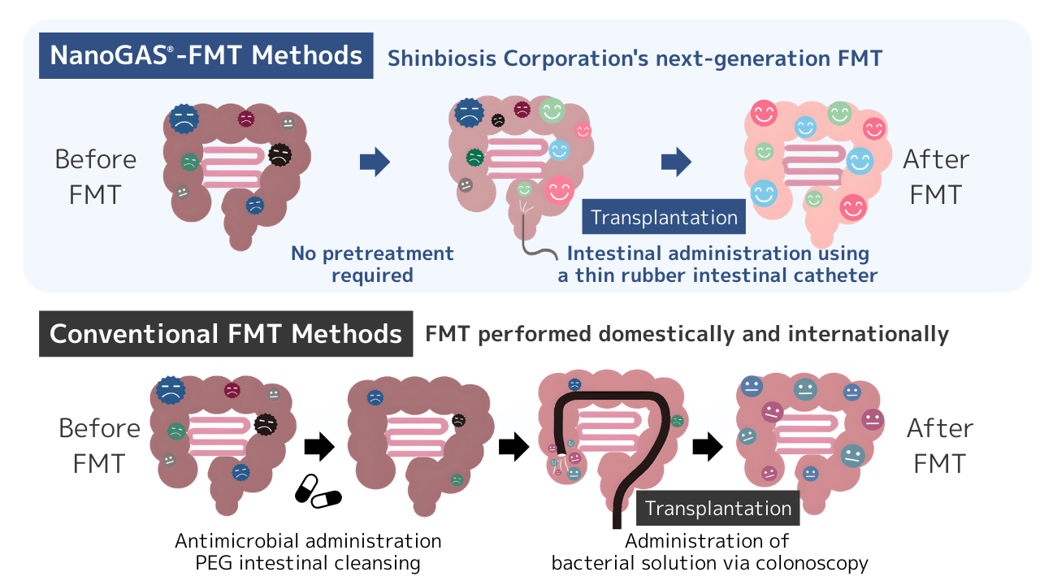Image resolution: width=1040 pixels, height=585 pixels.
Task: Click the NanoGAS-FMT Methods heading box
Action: point(206,55)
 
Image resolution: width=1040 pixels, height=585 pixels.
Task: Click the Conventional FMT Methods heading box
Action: point(226,333)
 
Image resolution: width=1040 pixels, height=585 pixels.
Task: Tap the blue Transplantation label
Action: point(664,217)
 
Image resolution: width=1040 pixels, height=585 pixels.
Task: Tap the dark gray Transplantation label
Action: point(717,509)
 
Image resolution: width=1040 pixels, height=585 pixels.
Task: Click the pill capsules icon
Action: point(317,491)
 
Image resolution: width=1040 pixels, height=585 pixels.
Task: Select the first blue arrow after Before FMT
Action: point(375,162)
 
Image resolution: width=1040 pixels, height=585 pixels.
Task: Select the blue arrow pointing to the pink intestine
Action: point(676,162)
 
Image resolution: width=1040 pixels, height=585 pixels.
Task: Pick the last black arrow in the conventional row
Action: point(707,445)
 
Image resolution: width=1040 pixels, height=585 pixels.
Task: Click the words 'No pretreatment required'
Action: point(372,264)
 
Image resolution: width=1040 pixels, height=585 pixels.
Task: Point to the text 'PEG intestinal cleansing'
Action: point(308,562)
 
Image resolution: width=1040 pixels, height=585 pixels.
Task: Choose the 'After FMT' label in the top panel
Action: point(936,176)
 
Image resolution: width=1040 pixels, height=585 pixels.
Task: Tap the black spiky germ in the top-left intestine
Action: point(279,154)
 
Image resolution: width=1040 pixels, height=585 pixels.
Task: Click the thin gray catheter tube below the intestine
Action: point(537,244)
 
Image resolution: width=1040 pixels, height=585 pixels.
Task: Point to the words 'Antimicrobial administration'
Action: point(308,540)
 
